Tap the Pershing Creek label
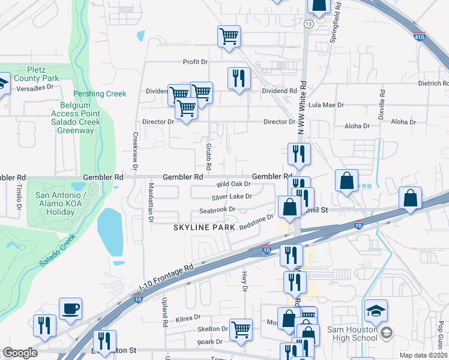coord(100,94)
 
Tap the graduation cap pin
coord(376,311)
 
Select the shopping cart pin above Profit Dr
coord(229,36)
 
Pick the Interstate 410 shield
coord(420,37)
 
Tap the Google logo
coord(20,353)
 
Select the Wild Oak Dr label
coord(234,184)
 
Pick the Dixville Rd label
coord(381,105)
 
